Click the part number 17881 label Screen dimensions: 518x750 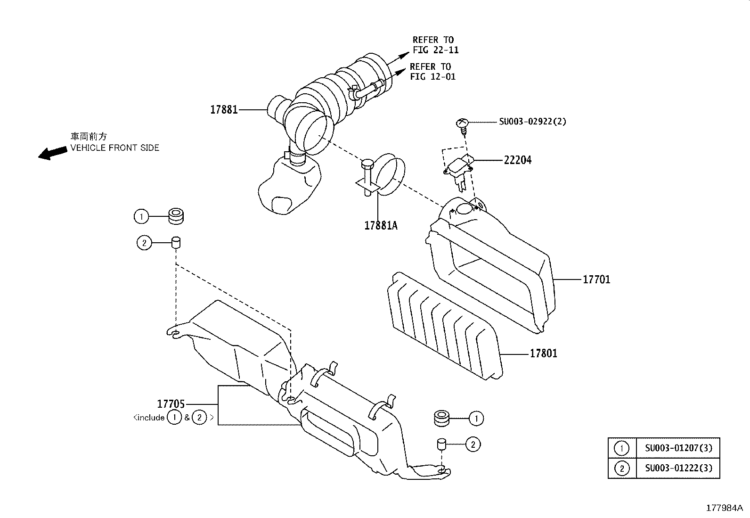[223, 110]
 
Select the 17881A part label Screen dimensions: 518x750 [381, 225]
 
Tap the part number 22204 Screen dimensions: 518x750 [517, 160]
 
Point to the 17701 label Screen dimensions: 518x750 [596, 280]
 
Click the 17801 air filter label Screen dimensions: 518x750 [543, 354]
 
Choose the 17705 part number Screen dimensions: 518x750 [171, 404]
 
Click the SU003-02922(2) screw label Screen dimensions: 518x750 [532, 122]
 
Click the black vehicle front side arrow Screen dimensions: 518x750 [52, 152]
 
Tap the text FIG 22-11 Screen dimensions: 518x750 [435, 50]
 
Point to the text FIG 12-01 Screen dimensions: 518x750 [432, 76]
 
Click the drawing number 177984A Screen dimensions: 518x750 [724, 508]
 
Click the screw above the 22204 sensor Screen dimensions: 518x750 [462, 124]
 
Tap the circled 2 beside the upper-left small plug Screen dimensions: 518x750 [144, 243]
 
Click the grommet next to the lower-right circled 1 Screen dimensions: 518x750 [442, 418]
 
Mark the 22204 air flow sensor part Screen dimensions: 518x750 [457, 169]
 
